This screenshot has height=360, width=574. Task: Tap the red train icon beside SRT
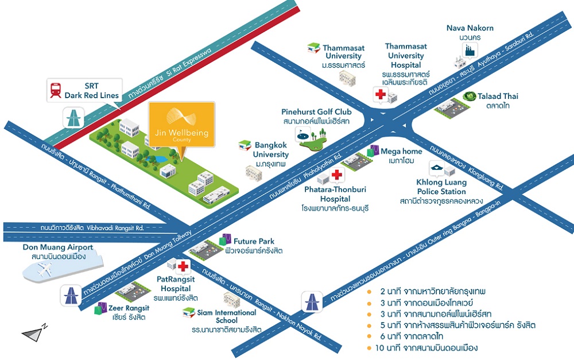pyautogui.click(x=56, y=90)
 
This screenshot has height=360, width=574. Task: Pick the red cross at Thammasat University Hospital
pyautogui.click(x=380, y=95)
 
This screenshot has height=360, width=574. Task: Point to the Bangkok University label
pyautogui.click(x=272, y=151)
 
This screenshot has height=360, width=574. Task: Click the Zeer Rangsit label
pyautogui.click(x=127, y=312)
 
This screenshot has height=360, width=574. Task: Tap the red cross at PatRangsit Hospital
pyautogui.click(x=183, y=266)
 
